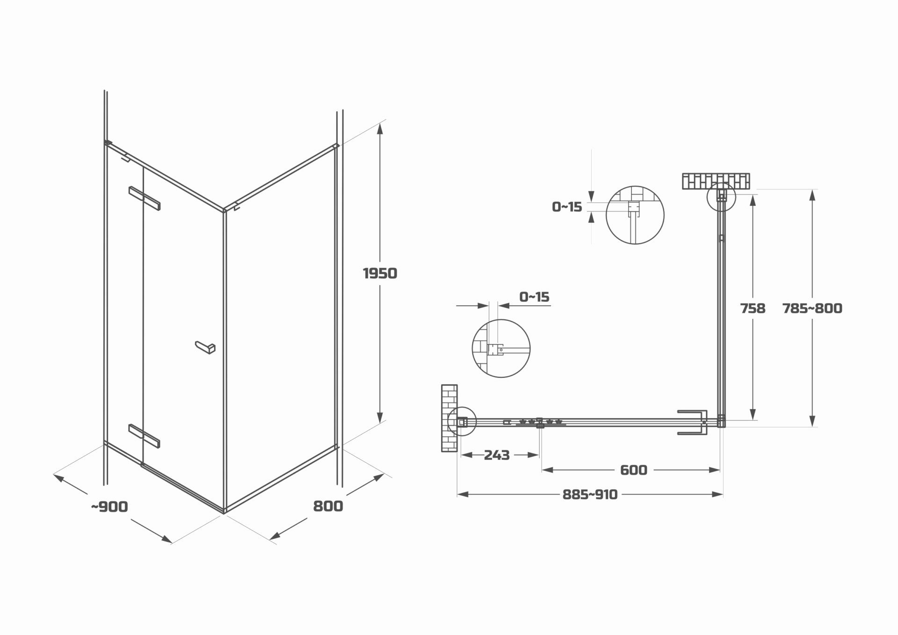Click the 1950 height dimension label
point(380,273)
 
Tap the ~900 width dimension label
point(109,506)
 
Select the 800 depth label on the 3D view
point(328,506)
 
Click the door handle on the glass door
point(205,347)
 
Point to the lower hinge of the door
point(145,436)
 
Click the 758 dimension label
point(753,308)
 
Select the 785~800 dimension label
point(812,308)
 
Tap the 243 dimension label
point(497,455)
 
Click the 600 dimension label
point(633,469)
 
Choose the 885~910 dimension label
point(590,494)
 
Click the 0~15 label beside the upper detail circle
point(567,207)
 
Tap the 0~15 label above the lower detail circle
point(534,297)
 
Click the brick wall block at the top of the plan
point(716,181)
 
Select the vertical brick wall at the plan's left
point(449,418)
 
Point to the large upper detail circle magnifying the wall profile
point(635,215)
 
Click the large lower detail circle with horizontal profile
point(501,348)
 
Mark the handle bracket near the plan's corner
point(692,423)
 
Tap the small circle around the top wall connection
point(721,196)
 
